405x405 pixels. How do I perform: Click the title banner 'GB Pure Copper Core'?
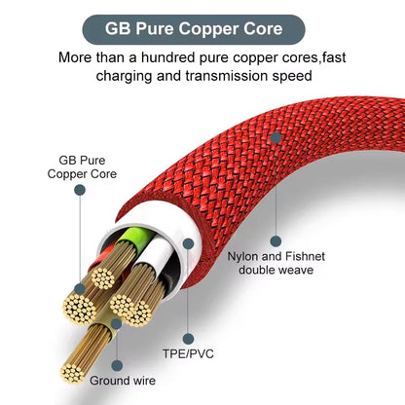coord(202,28)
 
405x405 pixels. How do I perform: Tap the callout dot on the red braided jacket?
coord(276,138)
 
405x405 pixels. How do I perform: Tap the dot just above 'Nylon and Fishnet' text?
coord(276,239)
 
